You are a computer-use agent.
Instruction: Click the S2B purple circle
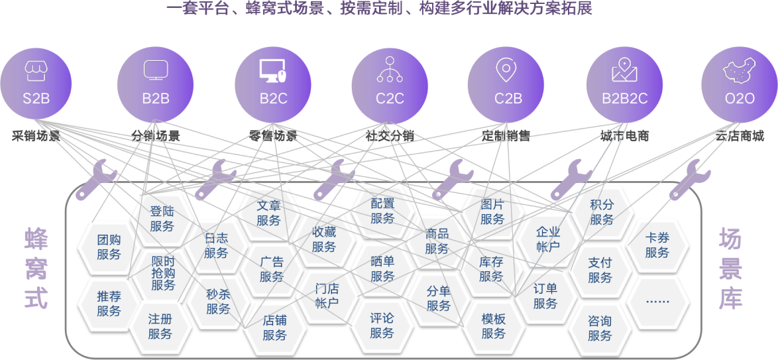[x=36, y=84]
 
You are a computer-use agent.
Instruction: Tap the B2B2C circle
[x=625, y=84]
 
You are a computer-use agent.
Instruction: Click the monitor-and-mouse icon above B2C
[x=272, y=70]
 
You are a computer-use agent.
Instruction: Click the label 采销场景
[x=36, y=137]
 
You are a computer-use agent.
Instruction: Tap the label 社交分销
[x=390, y=137]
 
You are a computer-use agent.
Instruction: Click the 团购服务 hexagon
[x=109, y=247]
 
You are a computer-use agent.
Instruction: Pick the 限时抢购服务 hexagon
[x=163, y=273]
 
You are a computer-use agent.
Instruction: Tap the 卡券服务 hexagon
[x=657, y=245]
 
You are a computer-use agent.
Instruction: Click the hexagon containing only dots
[x=657, y=301]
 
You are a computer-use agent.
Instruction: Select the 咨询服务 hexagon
[x=600, y=328]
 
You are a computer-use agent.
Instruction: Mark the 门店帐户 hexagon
[x=327, y=296]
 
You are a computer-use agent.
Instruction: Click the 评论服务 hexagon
[x=382, y=325]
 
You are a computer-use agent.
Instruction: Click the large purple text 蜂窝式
[x=36, y=269]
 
